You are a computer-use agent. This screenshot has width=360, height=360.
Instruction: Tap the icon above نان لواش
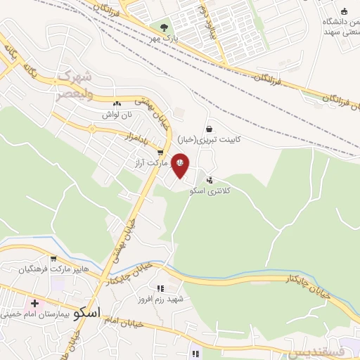[x=116, y=103]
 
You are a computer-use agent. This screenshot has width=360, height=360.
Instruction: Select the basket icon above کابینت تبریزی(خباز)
[x=209, y=129]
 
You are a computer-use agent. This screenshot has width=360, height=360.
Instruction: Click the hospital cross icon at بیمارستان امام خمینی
[x=34, y=304]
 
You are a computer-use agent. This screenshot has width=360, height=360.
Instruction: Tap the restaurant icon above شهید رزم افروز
[x=160, y=288]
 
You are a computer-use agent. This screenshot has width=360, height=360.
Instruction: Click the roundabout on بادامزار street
[x=91, y=129]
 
